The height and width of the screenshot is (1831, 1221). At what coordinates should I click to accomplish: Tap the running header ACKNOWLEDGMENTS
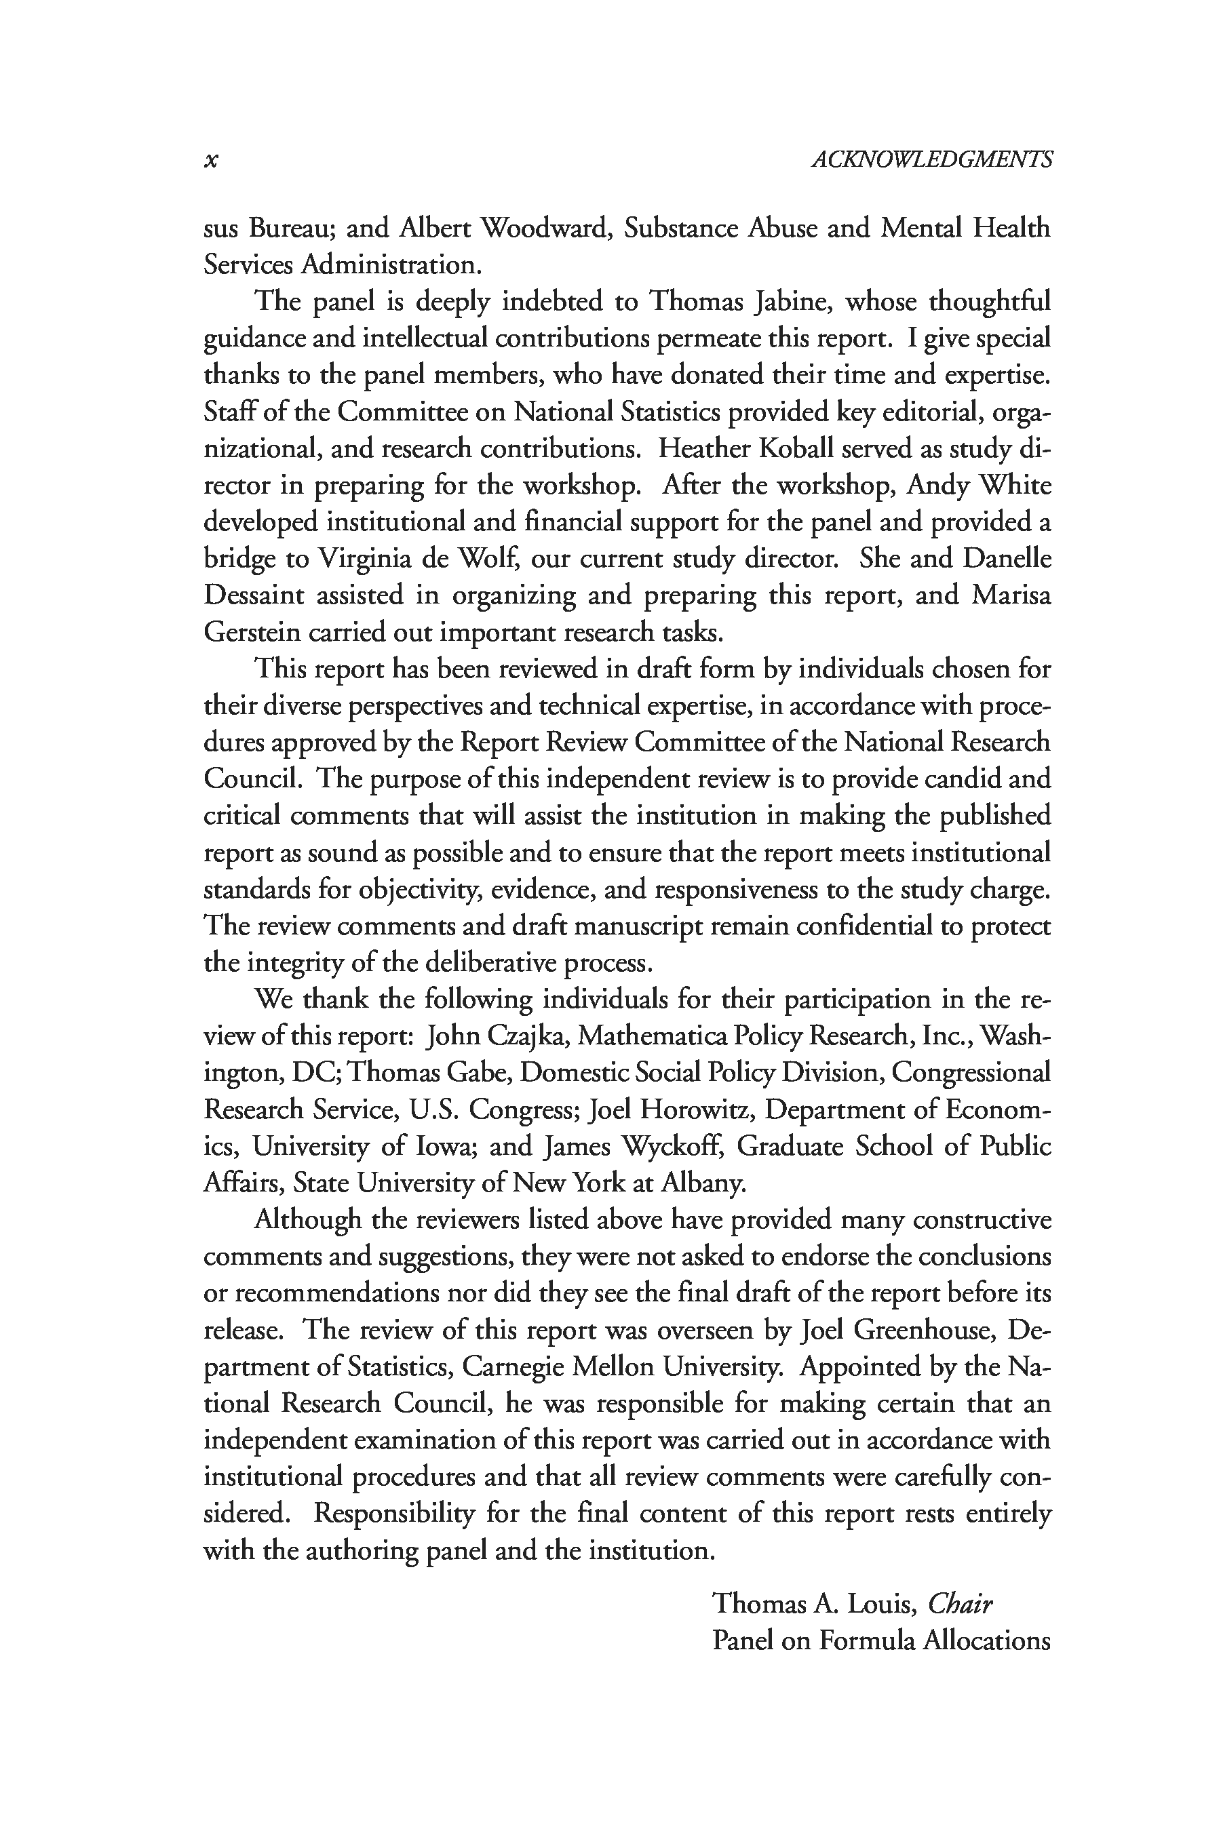[x=931, y=159]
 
